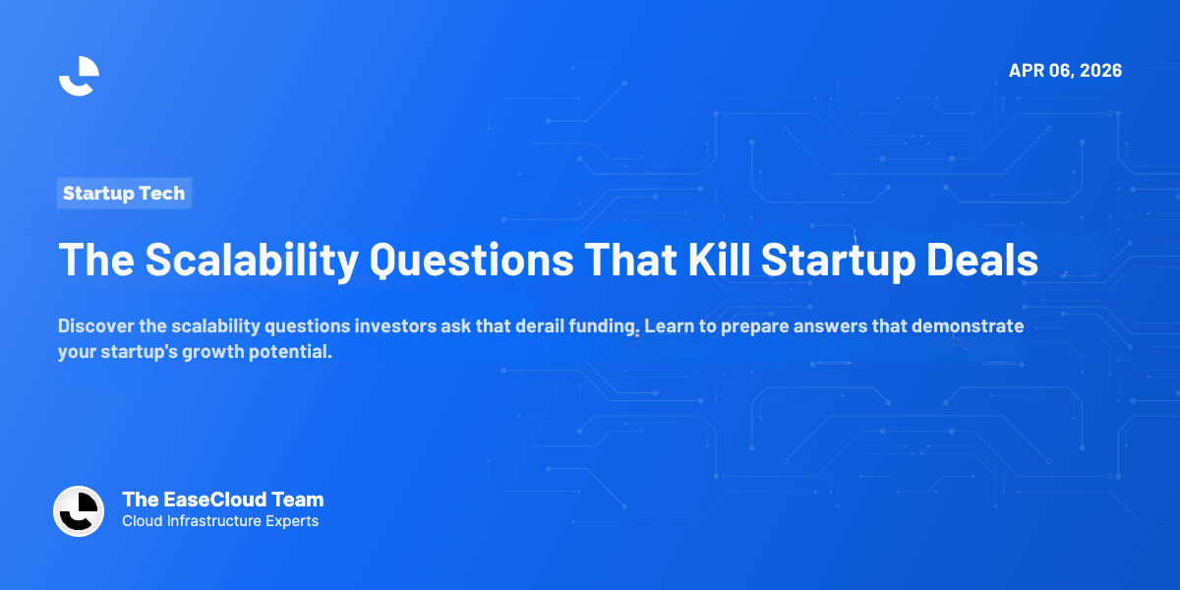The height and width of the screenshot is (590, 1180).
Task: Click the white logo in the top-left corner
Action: [79, 76]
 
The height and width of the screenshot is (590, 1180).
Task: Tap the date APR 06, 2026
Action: [1065, 71]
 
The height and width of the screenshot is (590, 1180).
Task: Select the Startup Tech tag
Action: [124, 194]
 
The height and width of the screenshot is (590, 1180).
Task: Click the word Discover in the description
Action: [94, 326]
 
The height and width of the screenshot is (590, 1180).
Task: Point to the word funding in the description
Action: [596, 326]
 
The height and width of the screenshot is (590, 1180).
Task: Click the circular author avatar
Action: [79, 511]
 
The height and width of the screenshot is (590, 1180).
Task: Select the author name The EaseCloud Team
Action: [222, 500]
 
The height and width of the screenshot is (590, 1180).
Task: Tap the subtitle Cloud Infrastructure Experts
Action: [220, 521]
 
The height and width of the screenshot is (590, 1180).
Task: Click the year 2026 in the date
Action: [1100, 71]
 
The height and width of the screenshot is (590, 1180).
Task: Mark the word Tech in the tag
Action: [161, 194]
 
